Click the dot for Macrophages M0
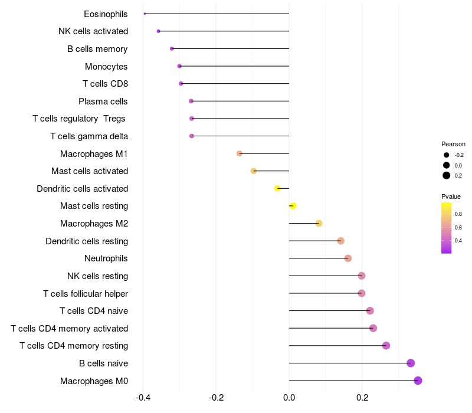point(418,381)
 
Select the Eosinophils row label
point(106,14)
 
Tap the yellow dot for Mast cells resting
point(293,206)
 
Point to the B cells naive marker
point(411,363)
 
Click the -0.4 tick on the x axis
point(142,398)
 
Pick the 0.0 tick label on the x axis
point(289,398)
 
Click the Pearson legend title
point(453,144)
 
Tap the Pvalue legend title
point(451,196)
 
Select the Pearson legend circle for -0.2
point(447,155)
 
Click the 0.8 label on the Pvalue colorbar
point(458,214)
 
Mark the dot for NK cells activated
point(158,31)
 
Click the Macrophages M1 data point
point(239,153)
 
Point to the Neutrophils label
point(106,258)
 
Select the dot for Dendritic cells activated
point(277,188)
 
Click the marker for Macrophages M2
point(319,224)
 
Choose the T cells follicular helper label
point(86,293)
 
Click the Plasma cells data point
point(191,101)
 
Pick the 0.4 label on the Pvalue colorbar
point(458,241)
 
